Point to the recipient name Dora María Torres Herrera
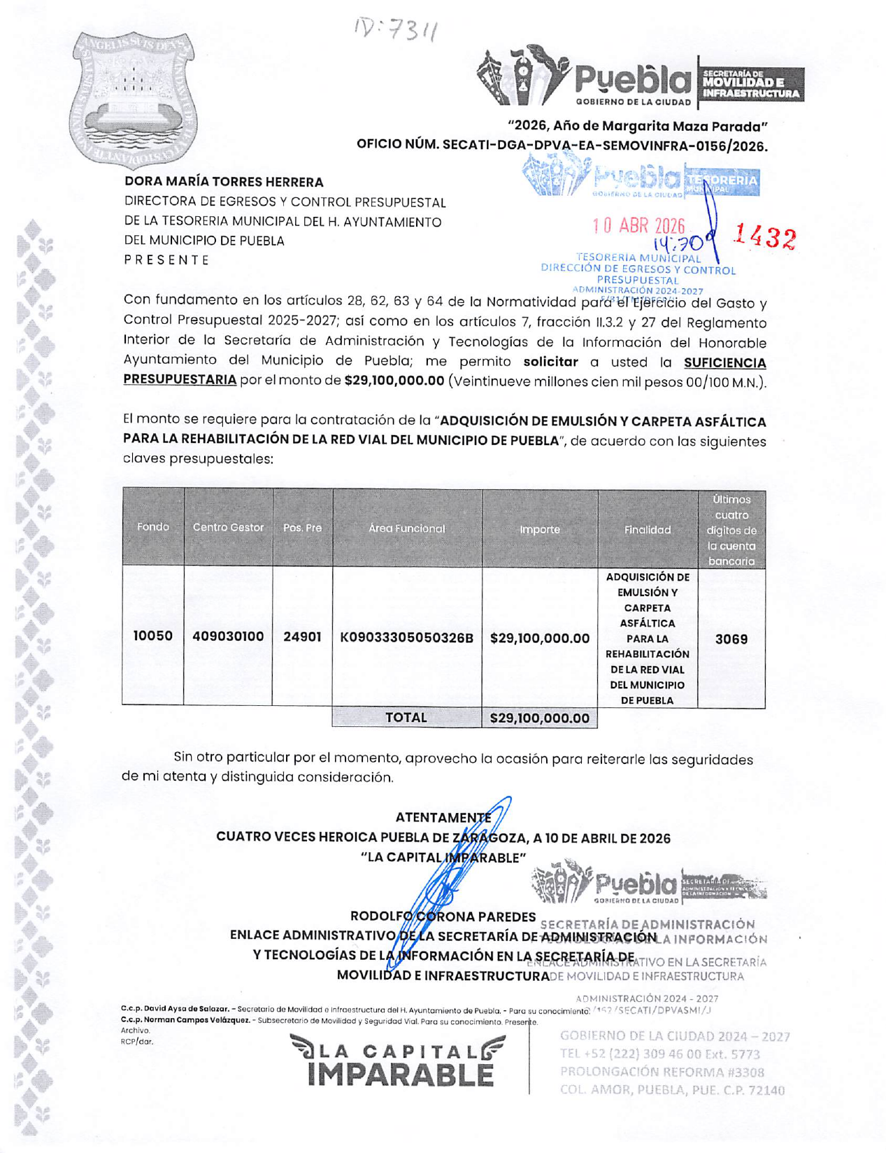(x=224, y=182)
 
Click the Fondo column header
(x=153, y=528)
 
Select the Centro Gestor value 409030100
(x=228, y=636)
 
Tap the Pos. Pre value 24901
(x=302, y=637)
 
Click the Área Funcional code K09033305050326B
(x=406, y=638)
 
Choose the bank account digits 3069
(x=731, y=639)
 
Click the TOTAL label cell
(x=406, y=718)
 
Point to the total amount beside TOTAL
(x=539, y=719)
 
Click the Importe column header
(x=539, y=530)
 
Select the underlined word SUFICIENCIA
(x=724, y=362)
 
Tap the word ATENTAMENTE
(x=443, y=818)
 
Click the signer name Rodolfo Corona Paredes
(x=443, y=917)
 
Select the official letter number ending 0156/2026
(x=562, y=146)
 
